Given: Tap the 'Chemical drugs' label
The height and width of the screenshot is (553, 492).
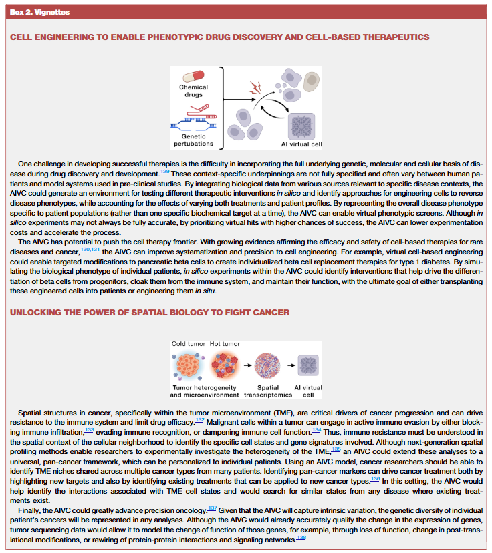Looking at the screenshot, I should click(193, 91).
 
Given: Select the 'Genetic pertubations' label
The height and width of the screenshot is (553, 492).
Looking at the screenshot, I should click(193, 140).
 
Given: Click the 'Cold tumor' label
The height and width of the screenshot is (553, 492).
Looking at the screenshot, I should click(189, 344).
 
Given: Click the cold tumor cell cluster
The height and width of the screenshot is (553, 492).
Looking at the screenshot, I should click(189, 365).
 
